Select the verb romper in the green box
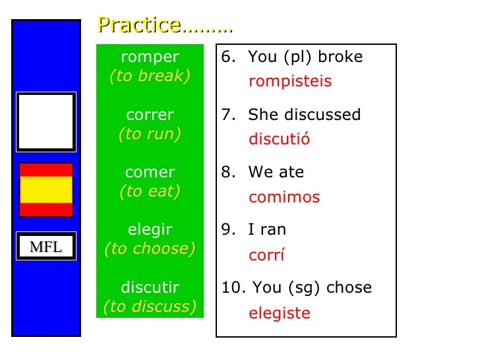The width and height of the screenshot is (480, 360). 150,57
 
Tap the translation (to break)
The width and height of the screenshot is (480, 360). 150,76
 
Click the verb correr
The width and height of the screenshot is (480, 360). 150,115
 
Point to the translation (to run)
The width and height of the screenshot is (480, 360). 150,134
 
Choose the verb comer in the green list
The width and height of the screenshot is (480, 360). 150,173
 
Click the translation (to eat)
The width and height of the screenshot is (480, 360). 150,191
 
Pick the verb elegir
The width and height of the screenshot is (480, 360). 150,230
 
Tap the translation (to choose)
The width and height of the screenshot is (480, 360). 150,249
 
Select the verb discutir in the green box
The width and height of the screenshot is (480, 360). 150,288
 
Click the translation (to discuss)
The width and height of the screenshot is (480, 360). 150,307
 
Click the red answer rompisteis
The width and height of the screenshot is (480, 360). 290,82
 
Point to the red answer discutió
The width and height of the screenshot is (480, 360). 279,140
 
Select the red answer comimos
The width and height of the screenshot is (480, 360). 284,197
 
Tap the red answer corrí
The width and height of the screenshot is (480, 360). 266,255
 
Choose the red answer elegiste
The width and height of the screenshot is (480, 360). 280,313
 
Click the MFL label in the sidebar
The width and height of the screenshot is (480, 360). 46,247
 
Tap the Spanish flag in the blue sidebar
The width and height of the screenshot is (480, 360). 46,190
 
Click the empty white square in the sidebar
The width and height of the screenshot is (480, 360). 46,122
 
